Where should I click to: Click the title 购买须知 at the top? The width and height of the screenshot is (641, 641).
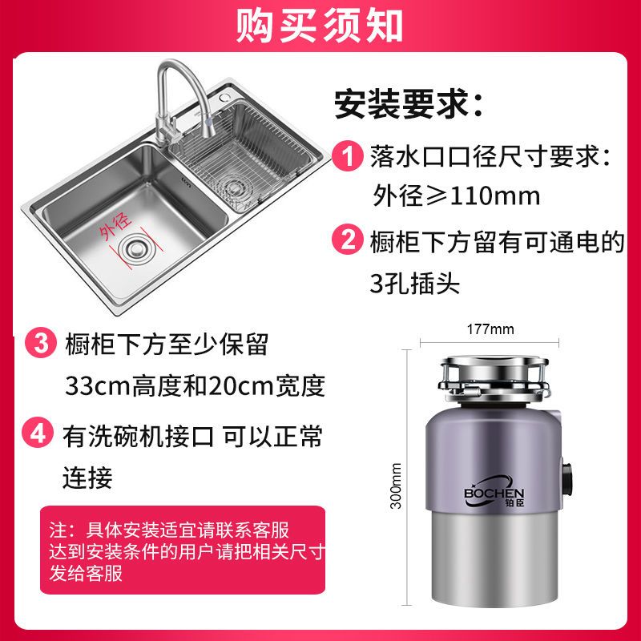(319, 26)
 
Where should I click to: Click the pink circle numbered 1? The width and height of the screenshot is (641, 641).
(348, 155)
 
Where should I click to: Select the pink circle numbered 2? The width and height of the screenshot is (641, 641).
(348, 239)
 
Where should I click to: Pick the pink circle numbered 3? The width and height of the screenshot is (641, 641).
(40, 343)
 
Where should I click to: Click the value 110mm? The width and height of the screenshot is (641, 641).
(494, 196)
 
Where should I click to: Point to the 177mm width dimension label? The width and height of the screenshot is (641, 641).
(490, 329)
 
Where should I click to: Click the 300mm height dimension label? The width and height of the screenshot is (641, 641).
(395, 486)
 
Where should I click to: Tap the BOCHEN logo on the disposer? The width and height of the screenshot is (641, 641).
(494, 492)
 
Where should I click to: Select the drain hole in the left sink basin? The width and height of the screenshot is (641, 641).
(137, 248)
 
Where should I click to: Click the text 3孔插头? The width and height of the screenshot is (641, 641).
(414, 283)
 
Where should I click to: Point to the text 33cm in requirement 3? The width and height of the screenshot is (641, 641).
(97, 386)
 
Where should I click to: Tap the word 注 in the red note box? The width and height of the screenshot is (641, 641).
(57, 530)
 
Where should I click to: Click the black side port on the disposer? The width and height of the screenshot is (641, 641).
(567, 477)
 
